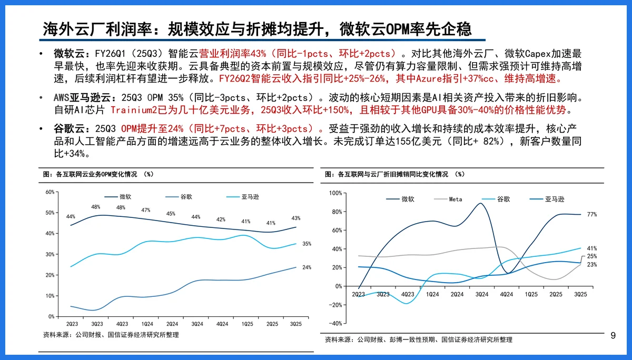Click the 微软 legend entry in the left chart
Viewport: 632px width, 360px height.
tap(125, 197)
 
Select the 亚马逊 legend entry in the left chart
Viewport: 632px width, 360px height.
tap(251, 197)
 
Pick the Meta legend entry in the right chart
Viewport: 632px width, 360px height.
tap(456, 199)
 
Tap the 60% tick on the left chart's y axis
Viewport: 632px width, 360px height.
tap(50, 192)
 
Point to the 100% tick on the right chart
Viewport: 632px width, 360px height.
tap(335, 193)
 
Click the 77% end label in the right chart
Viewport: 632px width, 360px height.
tap(591, 215)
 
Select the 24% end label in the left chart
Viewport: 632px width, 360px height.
tap(307, 267)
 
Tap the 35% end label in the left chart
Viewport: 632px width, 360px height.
tap(307, 244)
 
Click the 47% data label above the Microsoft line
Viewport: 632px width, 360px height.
tap(146, 211)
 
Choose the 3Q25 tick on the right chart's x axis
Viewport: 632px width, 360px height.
tap(580, 294)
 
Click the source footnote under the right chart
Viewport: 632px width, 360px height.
tap(418, 340)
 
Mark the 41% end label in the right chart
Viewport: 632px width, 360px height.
tap(591, 248)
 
